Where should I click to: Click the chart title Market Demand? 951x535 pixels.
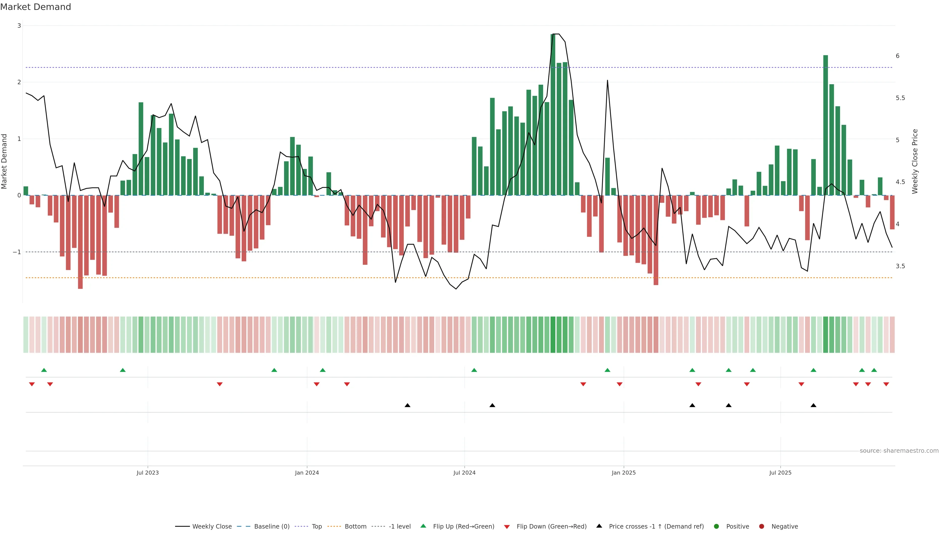(35, 7)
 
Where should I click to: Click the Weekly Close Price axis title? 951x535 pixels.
(914, 161)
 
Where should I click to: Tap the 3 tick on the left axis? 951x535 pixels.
(19, 26)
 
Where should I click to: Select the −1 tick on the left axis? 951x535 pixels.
(17, 252)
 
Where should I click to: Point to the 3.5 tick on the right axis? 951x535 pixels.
(900, 266)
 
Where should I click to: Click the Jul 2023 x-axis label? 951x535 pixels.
(147, 473)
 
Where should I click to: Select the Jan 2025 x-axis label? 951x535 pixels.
(624, 473)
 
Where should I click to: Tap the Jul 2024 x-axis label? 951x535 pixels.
(464, 473)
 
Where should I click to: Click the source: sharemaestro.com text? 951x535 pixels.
(899, 451)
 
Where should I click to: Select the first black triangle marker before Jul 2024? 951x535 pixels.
(407, 405)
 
